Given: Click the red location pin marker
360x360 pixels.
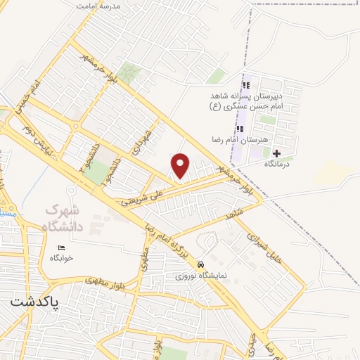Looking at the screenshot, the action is (181, 166).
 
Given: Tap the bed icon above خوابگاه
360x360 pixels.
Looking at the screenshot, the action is (60, 247).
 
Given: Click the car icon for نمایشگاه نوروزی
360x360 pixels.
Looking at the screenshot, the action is (201, 265).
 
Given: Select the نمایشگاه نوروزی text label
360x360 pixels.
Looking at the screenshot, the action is (201, 276).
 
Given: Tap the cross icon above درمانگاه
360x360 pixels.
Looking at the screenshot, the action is (276, 153).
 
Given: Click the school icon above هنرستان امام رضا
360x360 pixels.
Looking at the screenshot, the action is (240, 129).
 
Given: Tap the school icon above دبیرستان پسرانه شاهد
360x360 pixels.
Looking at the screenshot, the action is (245, 85).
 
